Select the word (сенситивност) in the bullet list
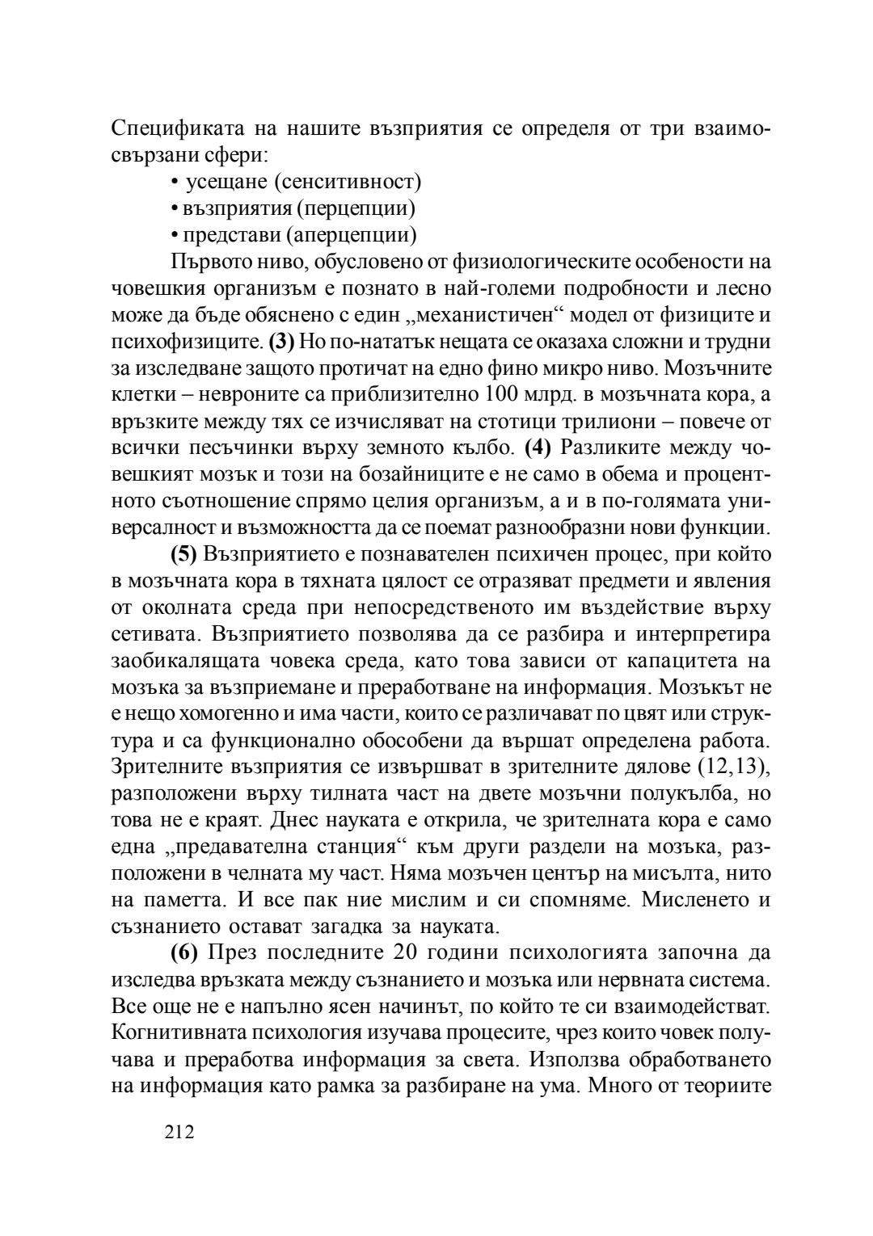click(348, 182)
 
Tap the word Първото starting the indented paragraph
click(210, 262)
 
